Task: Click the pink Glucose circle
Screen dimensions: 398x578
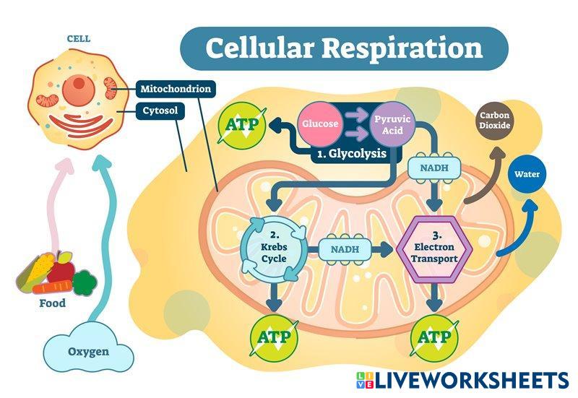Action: [x=320, y=124]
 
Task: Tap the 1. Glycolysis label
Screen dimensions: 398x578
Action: [x=352, y=154]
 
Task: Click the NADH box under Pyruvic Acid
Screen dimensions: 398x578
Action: [x=433, y=168]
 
